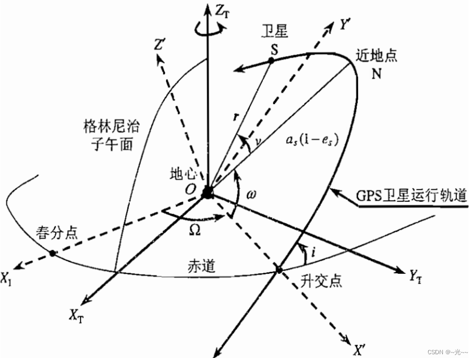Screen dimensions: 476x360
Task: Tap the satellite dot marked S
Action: (270, 61)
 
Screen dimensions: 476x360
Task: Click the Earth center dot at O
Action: (207, 192)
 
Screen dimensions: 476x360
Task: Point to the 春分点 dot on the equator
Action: (52, 253)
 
